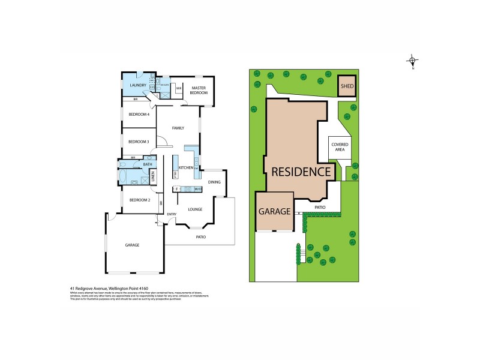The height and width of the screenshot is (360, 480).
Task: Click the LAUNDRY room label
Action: click(139, 86)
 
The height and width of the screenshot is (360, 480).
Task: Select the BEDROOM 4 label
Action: click(139, 114)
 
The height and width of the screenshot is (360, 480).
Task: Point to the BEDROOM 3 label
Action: click(139, 142)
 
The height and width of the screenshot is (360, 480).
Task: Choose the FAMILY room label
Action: click(178, 128)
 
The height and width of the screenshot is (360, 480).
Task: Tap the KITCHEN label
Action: click(185, 167)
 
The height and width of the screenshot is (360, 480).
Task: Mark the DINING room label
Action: click(214, 182)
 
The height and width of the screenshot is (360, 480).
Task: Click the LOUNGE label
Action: click(194, 209)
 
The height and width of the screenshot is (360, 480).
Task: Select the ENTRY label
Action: click(172, 214)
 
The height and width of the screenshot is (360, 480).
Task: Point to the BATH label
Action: click(148, 164)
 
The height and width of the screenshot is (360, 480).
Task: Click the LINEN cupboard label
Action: click(153, 177)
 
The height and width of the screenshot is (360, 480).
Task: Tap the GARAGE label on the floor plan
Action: click(132, 245)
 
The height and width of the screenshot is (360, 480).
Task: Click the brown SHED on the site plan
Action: click(347, 86)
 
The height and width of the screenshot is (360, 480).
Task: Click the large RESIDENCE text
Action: click(301, 172)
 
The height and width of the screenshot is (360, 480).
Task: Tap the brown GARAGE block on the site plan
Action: click(274, 211)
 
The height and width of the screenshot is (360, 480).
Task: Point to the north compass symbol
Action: click(413, 61)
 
